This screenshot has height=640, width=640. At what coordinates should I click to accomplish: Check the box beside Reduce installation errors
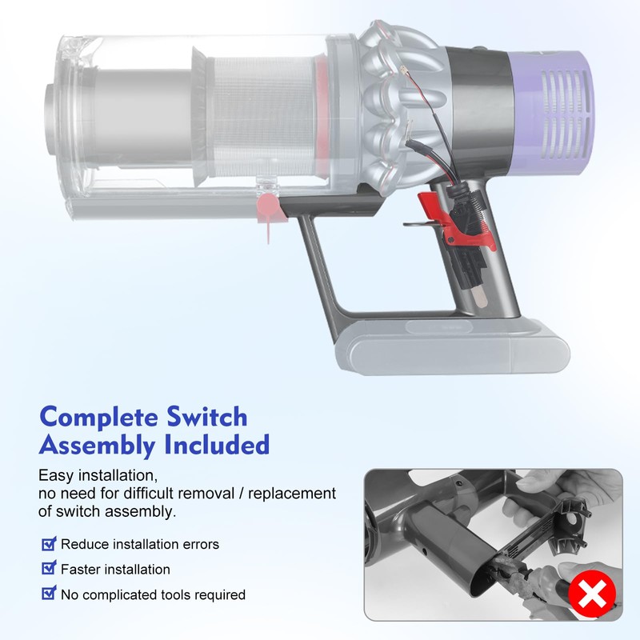(49, 544)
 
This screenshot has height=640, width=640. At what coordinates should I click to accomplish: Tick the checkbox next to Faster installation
(49, 570)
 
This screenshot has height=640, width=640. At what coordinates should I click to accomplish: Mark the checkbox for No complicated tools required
(49, 594)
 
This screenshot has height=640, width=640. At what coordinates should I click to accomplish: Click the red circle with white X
(593, 596)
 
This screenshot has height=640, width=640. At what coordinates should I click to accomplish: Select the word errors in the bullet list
(200, 545)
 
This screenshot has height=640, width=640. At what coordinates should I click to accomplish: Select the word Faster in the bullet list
(80, 570)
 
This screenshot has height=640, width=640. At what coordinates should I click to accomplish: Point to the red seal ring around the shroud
(320, 112)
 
